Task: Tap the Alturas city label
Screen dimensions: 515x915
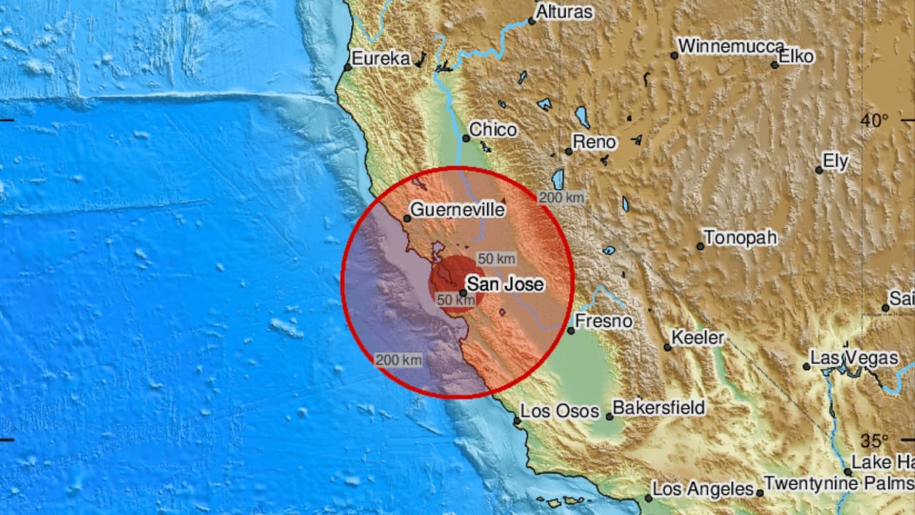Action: (564, 12)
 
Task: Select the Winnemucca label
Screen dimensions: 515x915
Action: (731, 46)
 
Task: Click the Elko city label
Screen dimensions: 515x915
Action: (796, 57)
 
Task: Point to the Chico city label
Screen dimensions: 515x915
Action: (494, 130)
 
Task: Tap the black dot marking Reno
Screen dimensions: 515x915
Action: (569, 151)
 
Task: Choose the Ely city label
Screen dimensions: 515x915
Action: (835, 162)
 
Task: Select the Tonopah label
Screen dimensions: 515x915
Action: (740, 238)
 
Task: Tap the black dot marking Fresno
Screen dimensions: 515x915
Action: (571, 330)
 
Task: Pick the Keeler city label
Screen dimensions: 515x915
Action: (698, 338)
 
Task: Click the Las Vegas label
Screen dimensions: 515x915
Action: (854, 358)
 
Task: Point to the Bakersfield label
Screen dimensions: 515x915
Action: (659, 408)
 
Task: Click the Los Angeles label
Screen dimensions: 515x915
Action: (703, 490)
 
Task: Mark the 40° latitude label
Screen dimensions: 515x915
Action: (874, 120)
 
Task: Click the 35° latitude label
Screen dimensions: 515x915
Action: (874, 440)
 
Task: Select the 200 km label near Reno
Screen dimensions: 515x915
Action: (561, 198)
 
